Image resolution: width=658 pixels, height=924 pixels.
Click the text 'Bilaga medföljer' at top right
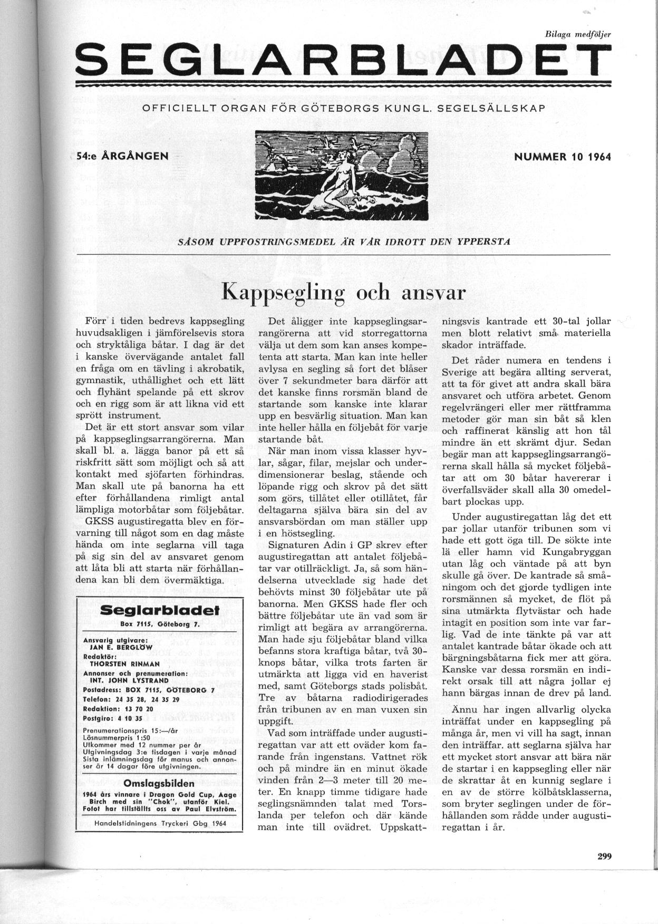tap(577, 34)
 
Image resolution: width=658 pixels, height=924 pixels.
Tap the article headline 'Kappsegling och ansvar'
tap(344, 292)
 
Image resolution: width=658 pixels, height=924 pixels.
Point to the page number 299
tap(604, 856)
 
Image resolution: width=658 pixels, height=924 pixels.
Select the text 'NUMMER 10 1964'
tap(562, 157)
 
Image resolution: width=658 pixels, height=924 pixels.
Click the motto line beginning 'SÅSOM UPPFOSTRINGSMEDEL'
tap(344, 243)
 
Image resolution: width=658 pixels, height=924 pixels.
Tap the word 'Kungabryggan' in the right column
tap(579, 552)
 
